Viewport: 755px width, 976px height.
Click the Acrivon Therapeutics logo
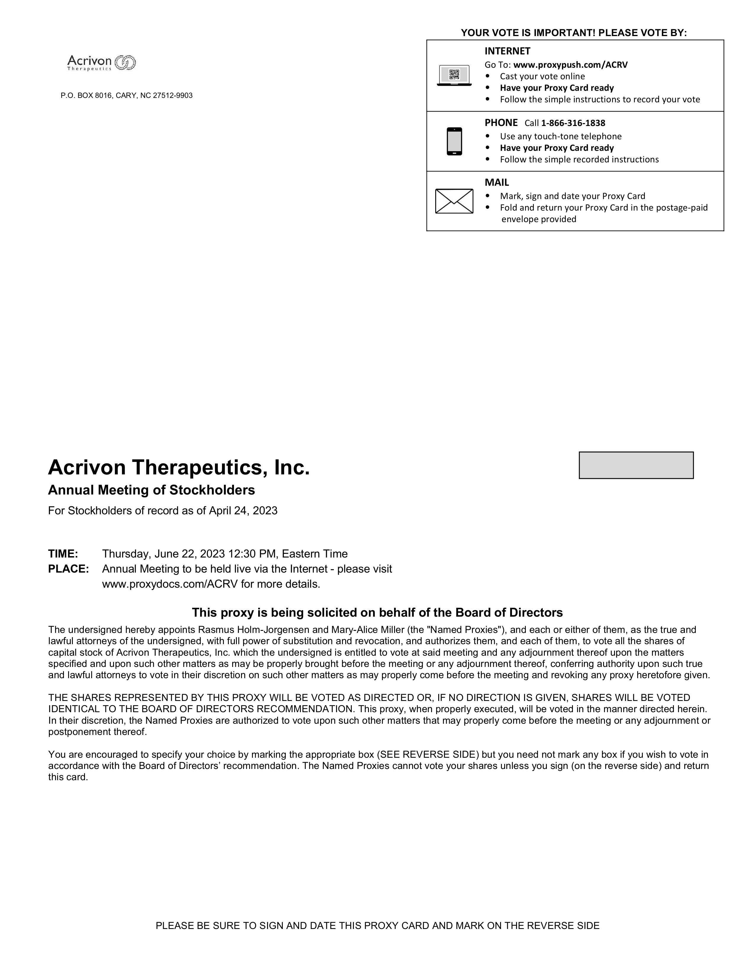pyautogui.click(x=101, y=63)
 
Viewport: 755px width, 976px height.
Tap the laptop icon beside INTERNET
pyautogui.click(x=454, y=75)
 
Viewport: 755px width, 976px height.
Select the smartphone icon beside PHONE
pyautogui.click(x=454, y=141)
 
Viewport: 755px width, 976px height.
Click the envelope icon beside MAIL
pyautogui.click(x=454, y=201)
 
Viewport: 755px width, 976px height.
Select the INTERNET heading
pyautogui.click(x=507, y=51)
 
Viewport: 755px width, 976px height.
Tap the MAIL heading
pyautogui.click(x=497, y=182)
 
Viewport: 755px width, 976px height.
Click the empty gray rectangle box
pyautogui.click(x=636, y=465)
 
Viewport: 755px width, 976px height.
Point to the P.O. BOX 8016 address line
pyautogui.click(x=127, y=96)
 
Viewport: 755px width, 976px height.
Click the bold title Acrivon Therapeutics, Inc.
pyautogui.click(x=179, y=467)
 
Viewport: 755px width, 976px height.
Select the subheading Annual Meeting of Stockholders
pyautogui.click(x=151, y=490)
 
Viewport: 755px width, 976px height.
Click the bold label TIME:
pyautogui.click(x=63, y=554)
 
